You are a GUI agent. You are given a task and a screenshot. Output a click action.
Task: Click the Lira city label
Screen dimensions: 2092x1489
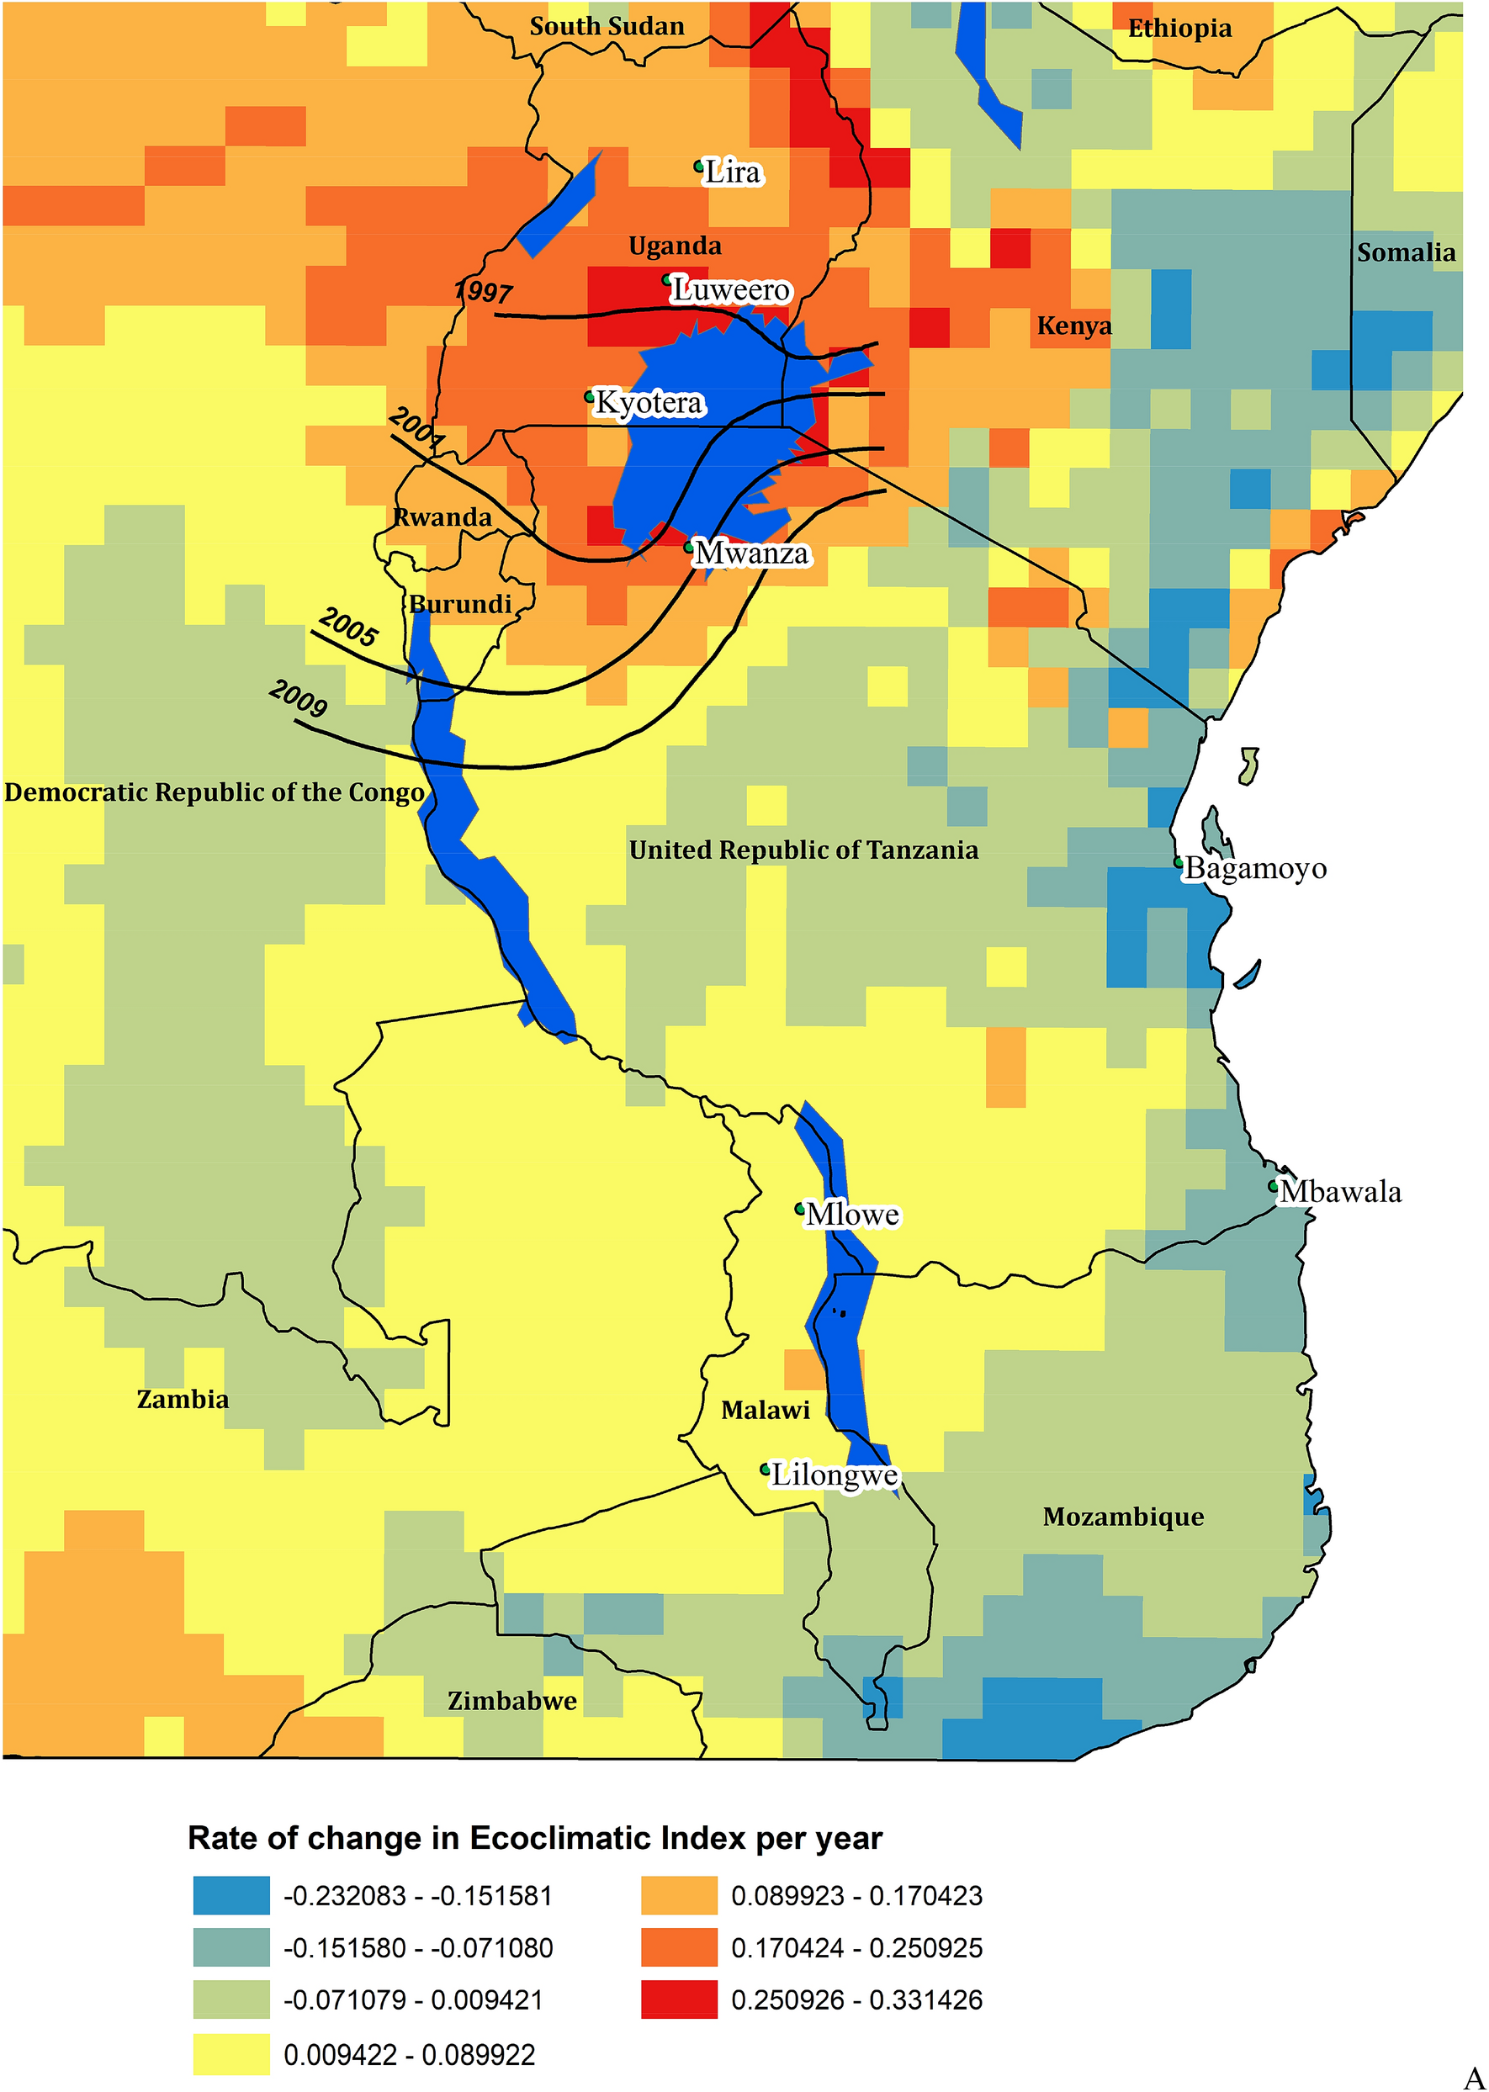click(732, 172)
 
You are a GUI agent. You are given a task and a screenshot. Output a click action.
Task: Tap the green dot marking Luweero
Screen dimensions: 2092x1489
click(667, 278)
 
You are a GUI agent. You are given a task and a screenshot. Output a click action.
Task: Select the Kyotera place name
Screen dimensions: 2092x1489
click(649, 402)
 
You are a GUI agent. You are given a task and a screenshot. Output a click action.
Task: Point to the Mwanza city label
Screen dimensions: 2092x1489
click(751, 553)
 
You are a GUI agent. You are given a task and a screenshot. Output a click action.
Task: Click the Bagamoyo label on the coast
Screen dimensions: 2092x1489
click(1255, 867)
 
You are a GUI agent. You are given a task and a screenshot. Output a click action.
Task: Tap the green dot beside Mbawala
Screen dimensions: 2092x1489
click(1274, 1185)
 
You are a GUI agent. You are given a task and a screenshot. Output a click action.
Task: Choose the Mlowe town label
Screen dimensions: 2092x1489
click(852, 1214)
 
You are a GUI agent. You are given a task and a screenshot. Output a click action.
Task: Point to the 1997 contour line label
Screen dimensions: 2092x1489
click(483, 292)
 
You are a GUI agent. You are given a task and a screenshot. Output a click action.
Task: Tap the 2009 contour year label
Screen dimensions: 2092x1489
click(298, 698)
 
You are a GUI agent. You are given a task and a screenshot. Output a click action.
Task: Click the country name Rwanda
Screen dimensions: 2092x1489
click(442, 517)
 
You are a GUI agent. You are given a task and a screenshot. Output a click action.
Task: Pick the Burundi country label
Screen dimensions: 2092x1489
click(459, 603)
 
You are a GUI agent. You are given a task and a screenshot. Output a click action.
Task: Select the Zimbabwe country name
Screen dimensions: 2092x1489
click(511, 1701)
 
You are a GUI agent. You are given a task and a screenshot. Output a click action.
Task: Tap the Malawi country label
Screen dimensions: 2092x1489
click(765, 1409)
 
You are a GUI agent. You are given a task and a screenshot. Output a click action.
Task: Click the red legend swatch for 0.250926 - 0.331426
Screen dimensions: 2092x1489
click(679, 1999)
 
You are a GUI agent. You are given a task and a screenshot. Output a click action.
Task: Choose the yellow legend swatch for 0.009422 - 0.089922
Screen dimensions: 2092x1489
click(231, 2053)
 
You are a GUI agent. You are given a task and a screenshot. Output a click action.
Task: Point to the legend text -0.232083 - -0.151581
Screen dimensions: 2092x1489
click(417, 1896)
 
